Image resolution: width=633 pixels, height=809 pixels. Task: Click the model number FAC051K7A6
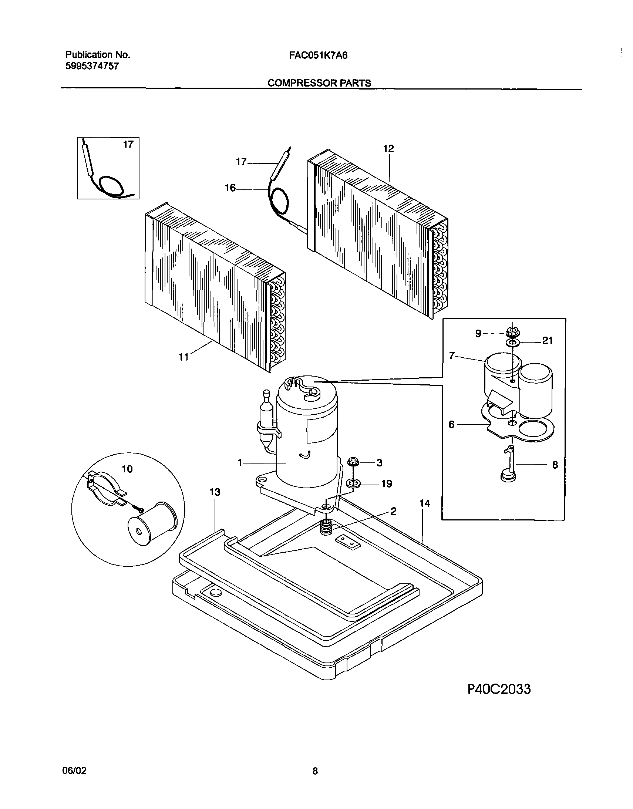(318, 55)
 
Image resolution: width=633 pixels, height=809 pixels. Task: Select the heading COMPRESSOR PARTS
(319, 83)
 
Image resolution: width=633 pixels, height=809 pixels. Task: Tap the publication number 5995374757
(92, 66)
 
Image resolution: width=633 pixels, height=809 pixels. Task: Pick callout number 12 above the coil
(388, 149)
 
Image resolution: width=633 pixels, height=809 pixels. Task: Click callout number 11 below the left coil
(183, 357)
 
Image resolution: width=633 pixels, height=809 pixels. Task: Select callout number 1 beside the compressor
(240, 463)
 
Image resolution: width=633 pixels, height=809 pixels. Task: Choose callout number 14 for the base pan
(425, 503)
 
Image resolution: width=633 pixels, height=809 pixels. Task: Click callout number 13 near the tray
(215, 492)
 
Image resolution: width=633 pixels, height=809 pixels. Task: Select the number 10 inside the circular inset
(127, 469)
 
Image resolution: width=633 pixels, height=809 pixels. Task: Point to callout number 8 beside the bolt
(555, 465)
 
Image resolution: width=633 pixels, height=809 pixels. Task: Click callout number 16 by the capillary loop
(230, 188)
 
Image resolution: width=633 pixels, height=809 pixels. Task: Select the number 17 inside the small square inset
(128, 145)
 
